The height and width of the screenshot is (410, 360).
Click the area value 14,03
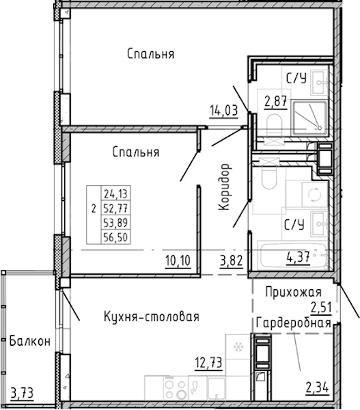tap(224, 111)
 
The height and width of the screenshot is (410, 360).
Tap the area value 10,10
tap(178, 261)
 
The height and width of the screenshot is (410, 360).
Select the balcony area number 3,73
tap(23, 393)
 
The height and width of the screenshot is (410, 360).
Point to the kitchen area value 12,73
tap(208, 363)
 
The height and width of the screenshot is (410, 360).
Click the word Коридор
tap(224, 187)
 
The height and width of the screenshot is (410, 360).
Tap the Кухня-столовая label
tap(152, 316)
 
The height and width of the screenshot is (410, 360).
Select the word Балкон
tap(30, 341)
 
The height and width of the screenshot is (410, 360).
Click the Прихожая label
tap(293, 292)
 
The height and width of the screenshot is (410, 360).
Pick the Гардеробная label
tap(294, 323)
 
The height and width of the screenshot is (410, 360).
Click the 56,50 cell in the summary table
tap(115, 237)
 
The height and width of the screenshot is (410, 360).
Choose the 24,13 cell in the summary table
tap(115, 194)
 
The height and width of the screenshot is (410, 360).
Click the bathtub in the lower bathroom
tap(293, 255)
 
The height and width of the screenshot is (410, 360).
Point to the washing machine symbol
tap(314, 195)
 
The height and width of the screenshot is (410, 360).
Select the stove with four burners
tap(176, 387)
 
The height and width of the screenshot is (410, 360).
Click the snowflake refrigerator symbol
tap(238, 346)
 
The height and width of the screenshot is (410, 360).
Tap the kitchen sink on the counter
tap(216, 388)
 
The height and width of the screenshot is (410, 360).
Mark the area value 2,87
tap(276, 102)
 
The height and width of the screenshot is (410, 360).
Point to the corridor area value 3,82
tap(232, 261)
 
